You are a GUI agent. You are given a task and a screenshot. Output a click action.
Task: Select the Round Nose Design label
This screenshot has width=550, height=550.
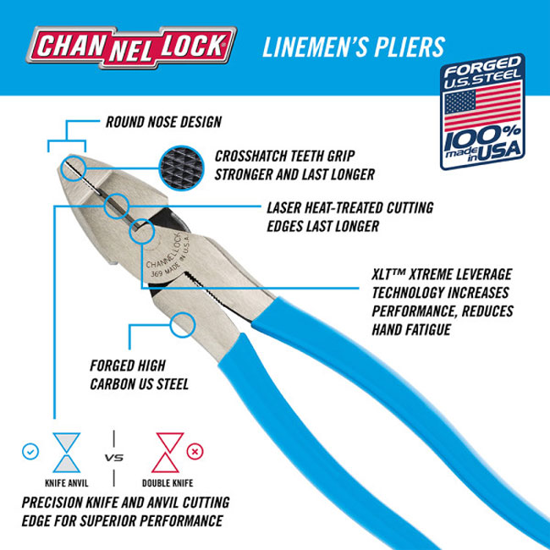pyautogui.click(x=162, y=122)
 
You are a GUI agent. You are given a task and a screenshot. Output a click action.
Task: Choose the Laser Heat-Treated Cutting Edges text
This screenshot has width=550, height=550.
pyautogui.click(x=349, y=216)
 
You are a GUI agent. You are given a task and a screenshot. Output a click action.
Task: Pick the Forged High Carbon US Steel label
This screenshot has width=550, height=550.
pyautogui.click(x=139, y=376)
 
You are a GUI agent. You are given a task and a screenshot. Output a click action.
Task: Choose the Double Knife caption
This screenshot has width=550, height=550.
pyautogui.click(x=168, y=483)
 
